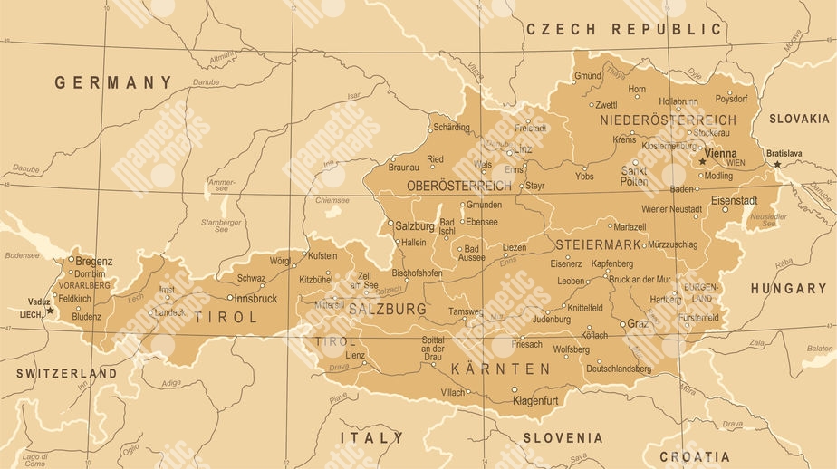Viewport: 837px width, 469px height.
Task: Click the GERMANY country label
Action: [x=113, y=82]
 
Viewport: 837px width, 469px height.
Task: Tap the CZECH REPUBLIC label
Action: [x=624, y=29]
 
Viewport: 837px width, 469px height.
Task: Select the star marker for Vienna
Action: [x=702, y=161]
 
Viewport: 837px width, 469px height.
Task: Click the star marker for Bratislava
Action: [x=776, y=164]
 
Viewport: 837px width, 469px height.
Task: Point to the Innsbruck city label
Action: [x=255, y=297]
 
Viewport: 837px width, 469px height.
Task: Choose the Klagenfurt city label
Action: [x=542, y=399]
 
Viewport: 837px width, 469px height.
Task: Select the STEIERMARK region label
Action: [x=599, y=245]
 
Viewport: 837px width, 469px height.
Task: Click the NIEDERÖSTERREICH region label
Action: [x=668, y=120]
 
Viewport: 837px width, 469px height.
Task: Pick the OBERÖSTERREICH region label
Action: [x=459, y=186]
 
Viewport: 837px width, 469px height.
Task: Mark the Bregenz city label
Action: [x=94, y=261]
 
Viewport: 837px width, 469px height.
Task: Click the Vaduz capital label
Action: [x=39, y=301]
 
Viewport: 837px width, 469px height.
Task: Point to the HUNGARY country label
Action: [x=788, y=289]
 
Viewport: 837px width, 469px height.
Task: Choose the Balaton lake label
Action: [x=819, y=348]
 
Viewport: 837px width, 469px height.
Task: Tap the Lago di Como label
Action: [x=35, y=460]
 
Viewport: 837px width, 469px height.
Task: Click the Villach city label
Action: [x=452, y=392]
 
